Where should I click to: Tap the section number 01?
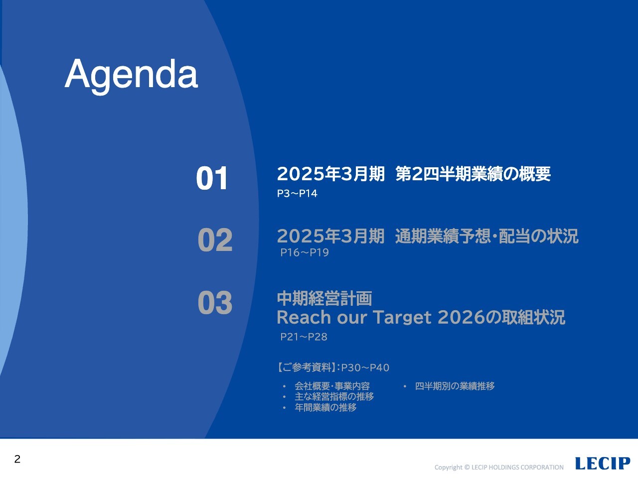pos(212,178)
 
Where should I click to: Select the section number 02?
pos(215,240)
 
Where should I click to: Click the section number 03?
pos(215,303)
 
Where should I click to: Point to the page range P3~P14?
pos(297,194)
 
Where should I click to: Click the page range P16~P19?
pos(304,253)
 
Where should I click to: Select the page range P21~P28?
pos(304,337)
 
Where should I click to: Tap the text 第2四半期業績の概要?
pos(473,174)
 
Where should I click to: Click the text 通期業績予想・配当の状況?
pos(486,236)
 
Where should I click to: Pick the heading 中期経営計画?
pos(324,299)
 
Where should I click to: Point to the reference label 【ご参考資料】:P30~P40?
pos(333,368)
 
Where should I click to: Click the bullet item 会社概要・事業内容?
pos(332,386)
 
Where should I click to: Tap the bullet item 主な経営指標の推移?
pos(334,397)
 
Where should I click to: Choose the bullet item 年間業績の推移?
pos(325,408)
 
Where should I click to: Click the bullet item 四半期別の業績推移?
pos(455,386)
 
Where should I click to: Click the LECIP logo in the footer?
pos(602,464)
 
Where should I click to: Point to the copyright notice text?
pos(499,468)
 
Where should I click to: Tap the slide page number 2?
pos(17,459)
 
